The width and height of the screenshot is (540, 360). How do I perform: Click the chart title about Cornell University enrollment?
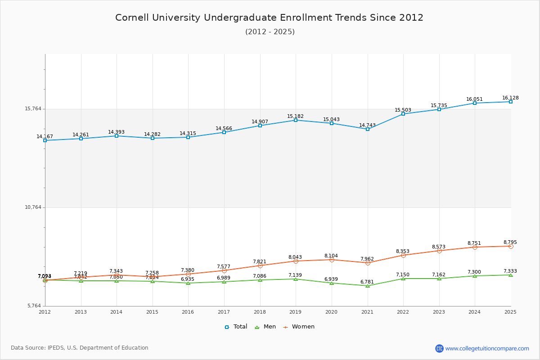pos(269,18)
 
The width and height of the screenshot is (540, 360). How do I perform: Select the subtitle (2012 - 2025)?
pos(270,31)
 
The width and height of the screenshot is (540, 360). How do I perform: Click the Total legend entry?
pos(236,327)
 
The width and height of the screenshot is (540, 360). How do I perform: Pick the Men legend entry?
pos(265,327)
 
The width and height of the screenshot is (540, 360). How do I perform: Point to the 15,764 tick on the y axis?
pos(32,109)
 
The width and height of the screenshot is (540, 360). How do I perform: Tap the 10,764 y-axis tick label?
pos(32,207)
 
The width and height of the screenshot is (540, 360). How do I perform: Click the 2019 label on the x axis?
pos(296,312)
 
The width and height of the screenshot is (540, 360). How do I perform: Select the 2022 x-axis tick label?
pos(403,312)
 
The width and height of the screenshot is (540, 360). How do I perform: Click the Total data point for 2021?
pos(368,129)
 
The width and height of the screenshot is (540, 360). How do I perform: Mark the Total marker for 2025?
pos(511,102)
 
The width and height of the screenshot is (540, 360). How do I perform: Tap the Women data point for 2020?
pos(332,260)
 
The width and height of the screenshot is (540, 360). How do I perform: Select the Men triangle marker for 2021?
pos(368,286)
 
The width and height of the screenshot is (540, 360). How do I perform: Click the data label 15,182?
pos(296,117)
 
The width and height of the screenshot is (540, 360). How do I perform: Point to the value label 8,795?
pos(510,242)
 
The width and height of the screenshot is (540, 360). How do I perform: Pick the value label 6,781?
pos(367,282)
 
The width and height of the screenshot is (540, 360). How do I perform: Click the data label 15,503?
pos(403,110)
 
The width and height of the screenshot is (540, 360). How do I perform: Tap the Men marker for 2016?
pos(188,283)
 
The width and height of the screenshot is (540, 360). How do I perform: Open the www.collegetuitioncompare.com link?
pos(487,348)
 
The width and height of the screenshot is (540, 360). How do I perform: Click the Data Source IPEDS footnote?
pos(80,348)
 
